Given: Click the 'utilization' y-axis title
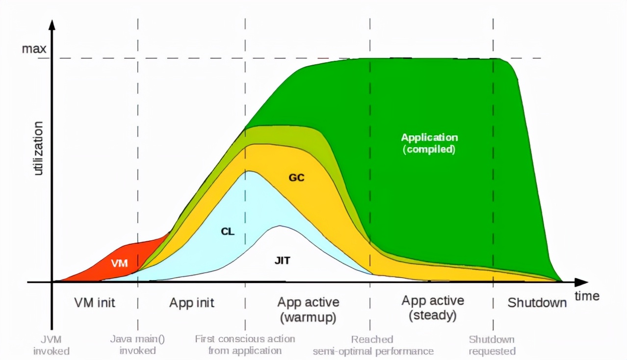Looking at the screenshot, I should pos(38,148).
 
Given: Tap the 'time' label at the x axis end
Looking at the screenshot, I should pos(587,296).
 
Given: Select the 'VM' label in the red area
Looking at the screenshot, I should pos(119,263).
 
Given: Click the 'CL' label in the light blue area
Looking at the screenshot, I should pos(228,231).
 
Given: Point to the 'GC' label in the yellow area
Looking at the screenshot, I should pos(296,178).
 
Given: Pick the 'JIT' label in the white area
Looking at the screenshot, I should pos(282,260).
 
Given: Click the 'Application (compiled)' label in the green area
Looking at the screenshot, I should pos(429,143).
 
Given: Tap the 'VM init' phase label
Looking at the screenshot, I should pos(94,303).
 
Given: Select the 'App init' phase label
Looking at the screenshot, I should pos(192,303).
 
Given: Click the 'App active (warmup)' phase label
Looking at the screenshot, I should pos(308,309).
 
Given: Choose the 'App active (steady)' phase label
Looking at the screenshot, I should pos(432,308).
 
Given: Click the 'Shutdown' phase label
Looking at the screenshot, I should pos(537,303).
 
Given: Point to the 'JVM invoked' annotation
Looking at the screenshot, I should pos(52,345).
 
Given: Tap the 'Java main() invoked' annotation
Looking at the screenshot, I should pos(137,345).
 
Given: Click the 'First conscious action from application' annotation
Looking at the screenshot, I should pos(245,345).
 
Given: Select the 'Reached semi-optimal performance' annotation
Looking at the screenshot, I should pos(373,345).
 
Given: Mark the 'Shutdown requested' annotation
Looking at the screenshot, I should pos(492,345).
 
